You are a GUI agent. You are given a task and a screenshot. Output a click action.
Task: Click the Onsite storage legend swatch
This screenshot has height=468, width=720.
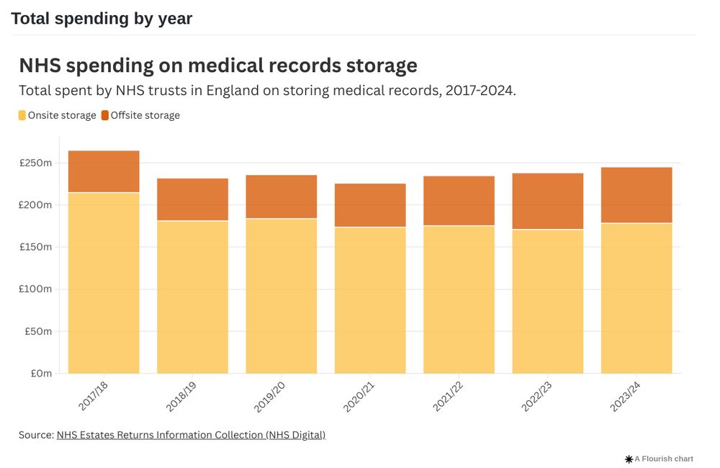click(22, 115)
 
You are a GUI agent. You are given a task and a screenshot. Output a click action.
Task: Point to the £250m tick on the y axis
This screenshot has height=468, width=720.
click(35, 163)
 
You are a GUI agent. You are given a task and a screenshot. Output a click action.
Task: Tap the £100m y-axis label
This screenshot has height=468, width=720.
click(35, 289)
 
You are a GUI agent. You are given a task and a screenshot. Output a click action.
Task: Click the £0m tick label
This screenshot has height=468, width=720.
click(40, 374)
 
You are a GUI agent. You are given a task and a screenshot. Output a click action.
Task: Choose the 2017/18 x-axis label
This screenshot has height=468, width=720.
click(94, 397)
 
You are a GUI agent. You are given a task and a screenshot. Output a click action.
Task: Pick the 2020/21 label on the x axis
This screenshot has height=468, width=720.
click(360, 397)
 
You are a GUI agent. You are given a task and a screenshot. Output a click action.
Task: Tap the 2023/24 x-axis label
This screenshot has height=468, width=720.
click(626, 397)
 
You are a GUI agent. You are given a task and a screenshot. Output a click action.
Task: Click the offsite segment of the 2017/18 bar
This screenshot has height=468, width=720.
click(104, 171)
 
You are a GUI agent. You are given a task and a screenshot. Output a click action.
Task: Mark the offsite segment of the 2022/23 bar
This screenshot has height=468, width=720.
click(547, 201)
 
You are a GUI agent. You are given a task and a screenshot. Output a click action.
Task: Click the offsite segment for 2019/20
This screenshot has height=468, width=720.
click(281, 197)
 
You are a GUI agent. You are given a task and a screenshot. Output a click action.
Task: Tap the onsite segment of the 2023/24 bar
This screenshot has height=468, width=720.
click(636, 298)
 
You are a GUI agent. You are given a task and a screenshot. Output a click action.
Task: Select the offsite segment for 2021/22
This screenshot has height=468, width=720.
click(459, 201)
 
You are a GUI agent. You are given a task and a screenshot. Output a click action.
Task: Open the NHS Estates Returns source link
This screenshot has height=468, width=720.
click(191, 435)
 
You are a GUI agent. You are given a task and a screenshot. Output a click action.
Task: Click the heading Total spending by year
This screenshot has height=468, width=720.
click(102, 19)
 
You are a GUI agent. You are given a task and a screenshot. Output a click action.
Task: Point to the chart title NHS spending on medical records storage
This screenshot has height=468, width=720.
click(218, 66)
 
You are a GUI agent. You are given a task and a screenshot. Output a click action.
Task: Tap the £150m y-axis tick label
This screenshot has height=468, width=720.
click(35, 247)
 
